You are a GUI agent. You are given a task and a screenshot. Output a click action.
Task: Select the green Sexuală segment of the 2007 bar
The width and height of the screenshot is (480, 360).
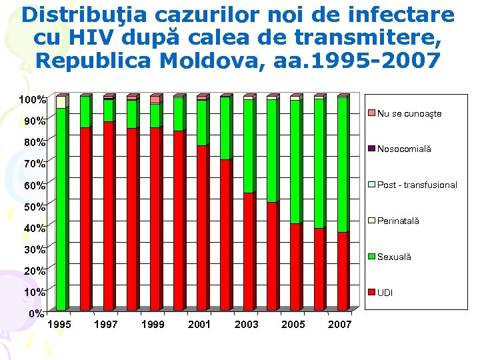click(x=342, y=164)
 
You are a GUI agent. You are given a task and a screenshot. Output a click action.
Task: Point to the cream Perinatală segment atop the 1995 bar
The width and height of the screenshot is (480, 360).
click(x=61, y=102)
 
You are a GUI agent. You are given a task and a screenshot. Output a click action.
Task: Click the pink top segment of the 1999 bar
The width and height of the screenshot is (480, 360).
click(x=155, y=100)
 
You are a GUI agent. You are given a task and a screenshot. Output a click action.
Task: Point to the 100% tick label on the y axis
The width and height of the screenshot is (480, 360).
click(x=32, y=100)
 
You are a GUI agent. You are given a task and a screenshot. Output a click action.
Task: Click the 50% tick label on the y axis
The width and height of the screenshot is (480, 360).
click(x=35, y=207)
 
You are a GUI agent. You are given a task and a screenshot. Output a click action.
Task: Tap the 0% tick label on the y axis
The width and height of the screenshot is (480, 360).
click(x=37, y=313)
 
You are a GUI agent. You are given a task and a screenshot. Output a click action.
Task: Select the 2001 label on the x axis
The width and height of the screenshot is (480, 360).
click(x=199, y=325)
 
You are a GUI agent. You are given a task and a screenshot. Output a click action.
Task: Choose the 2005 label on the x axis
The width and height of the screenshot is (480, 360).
click(x=293, y=325)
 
